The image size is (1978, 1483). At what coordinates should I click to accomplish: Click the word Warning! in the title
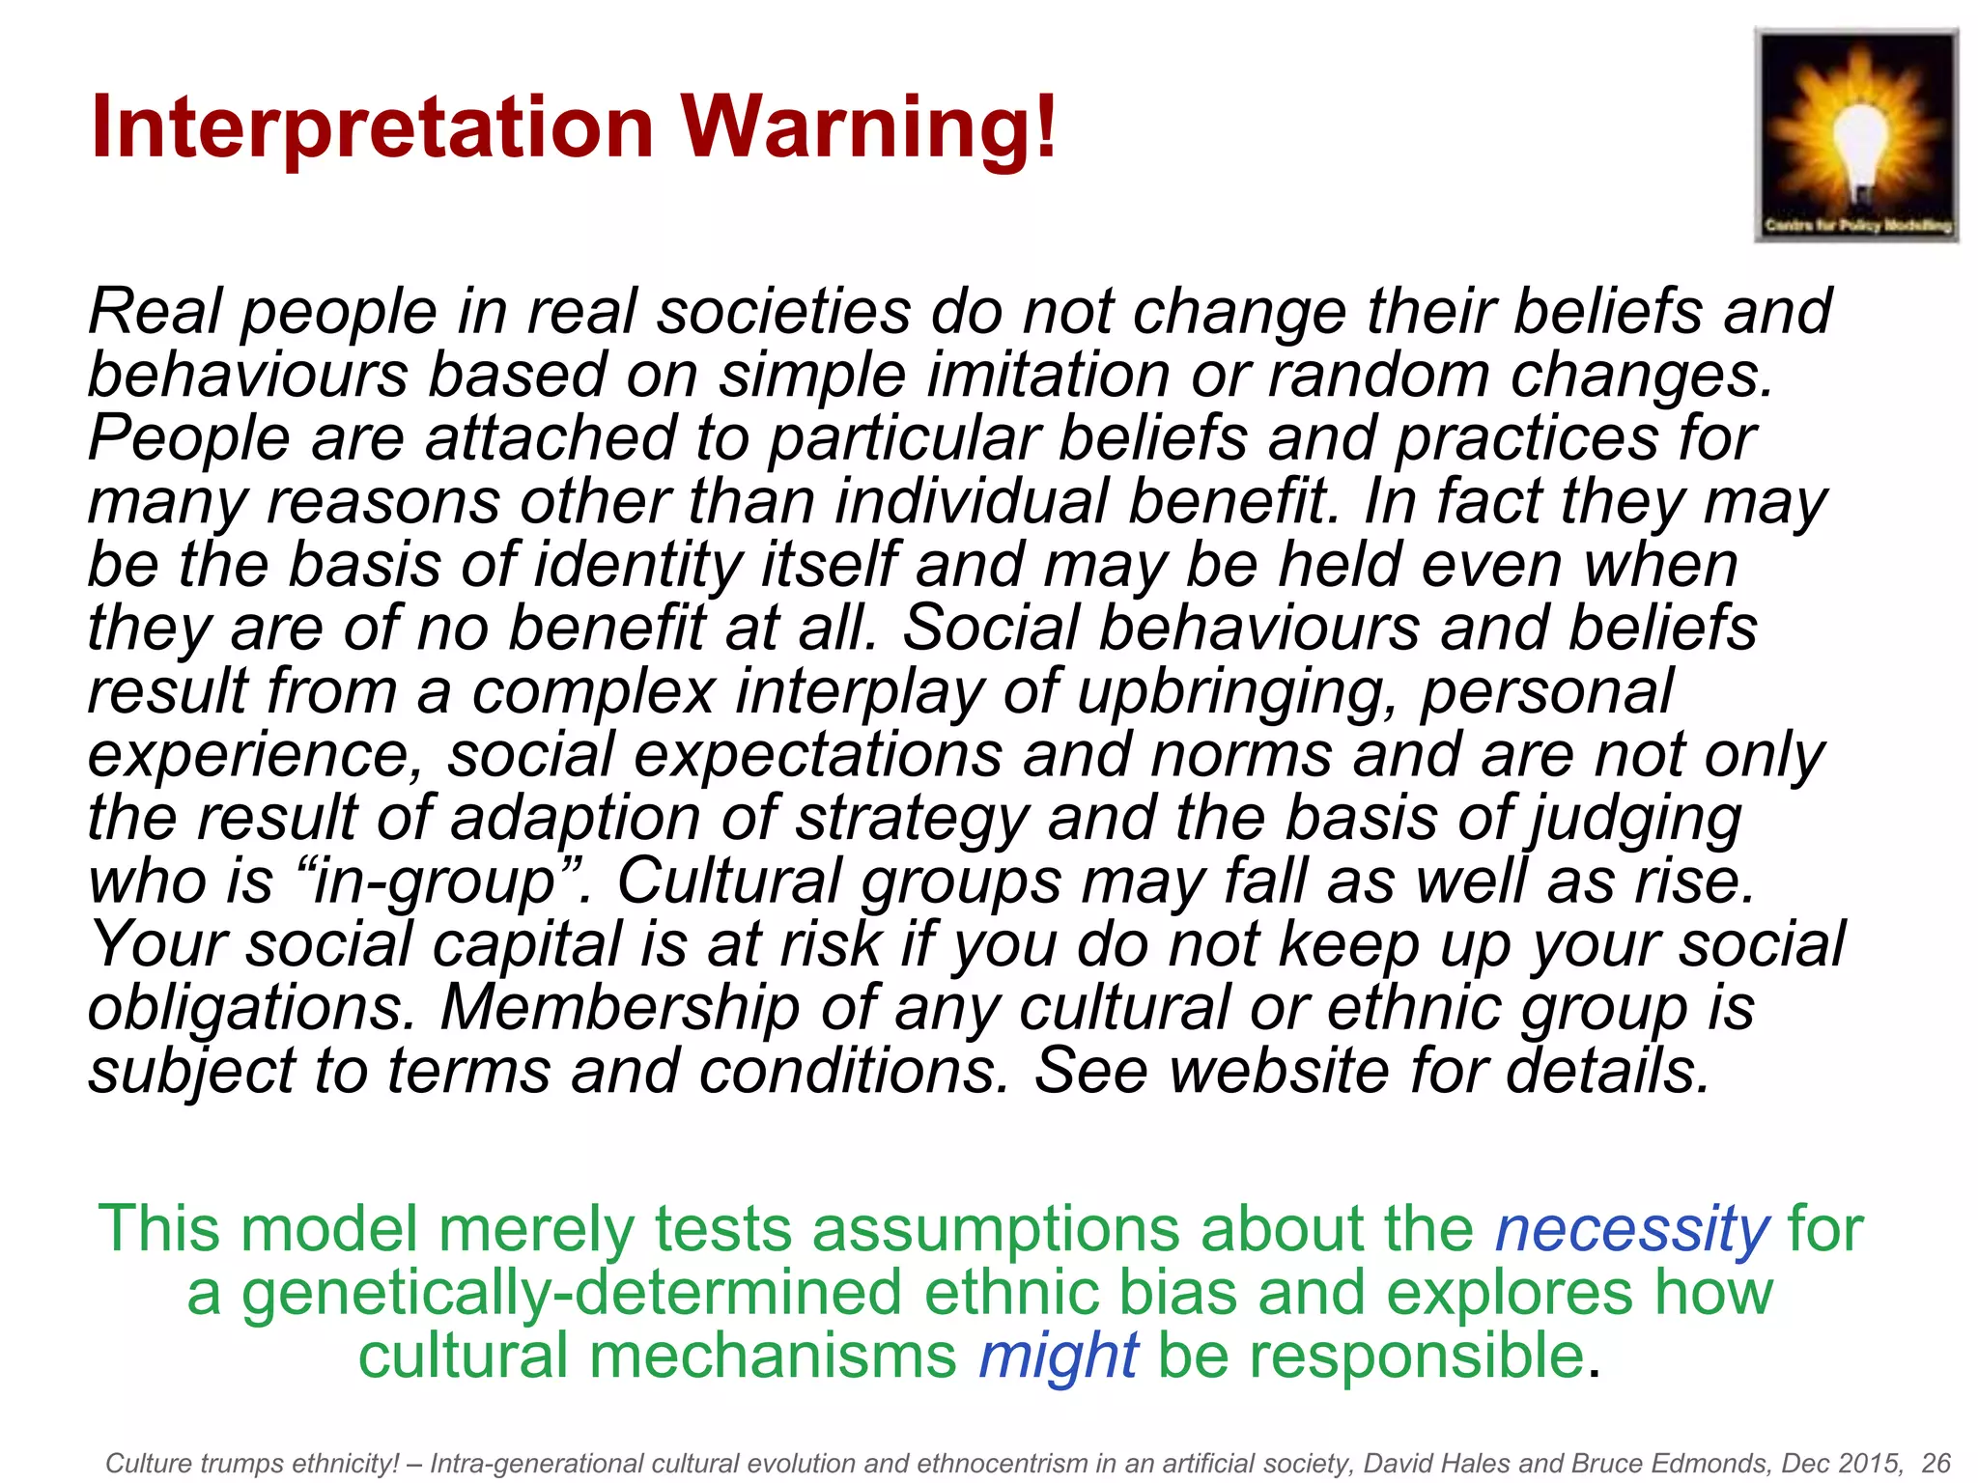(870, 128)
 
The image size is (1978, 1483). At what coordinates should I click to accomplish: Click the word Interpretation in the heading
(373, 128)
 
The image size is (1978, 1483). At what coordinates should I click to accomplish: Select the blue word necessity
(1632, 1229)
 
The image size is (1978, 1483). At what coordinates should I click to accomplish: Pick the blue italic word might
(1059, 1355)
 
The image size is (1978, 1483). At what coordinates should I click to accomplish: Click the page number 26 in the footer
(1936, 1463)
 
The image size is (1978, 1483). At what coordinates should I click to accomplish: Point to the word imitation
(1048, 375)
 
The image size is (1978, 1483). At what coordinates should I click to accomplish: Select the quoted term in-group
(436, 881)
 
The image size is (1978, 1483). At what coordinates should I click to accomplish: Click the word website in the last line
(1280, 1071)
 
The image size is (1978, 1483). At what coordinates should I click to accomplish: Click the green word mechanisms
(773, 1355)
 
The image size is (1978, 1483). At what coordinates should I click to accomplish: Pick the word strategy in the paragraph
(913, 819)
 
